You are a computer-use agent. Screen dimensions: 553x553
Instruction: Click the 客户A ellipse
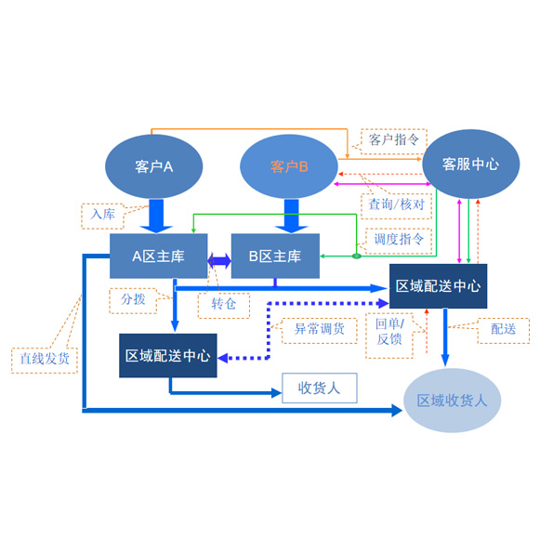click(x=153, y=166)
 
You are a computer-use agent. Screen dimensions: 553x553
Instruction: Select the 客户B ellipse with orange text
click(x=289, y=166)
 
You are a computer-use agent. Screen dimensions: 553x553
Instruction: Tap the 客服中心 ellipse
click(x=471, y=164)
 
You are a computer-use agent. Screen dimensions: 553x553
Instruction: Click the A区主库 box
click(x=158, y=256)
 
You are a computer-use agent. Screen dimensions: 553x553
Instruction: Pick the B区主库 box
click(x=275, y=256)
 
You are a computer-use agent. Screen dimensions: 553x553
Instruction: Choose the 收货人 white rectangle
click(x=320, y=388)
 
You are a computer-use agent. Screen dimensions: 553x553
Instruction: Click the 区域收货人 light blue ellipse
click(x=452, y=401)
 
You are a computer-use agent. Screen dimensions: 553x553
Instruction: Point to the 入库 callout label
click(x=102, y=216)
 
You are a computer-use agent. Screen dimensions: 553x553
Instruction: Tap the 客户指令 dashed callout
click(x=394, y=141)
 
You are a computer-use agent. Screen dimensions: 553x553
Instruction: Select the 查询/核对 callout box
click(x=396, y=206)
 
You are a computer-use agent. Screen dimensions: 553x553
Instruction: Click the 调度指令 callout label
click(x=399, y=241)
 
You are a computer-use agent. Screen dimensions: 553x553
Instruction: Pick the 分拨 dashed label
click(x=133, y=301)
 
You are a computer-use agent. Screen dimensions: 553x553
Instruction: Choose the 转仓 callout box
click(x=224, y=306)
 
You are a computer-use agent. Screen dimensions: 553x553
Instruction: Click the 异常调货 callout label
click(x=319, y=331)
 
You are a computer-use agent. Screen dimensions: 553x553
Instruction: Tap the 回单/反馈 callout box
click(x=389, y=336)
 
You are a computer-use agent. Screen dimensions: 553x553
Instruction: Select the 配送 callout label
click(x=503, y=331)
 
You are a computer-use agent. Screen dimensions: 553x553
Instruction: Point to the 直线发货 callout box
click(x=45, y=360)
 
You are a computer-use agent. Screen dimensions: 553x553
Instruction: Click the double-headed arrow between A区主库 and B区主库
click(x=219, y=260)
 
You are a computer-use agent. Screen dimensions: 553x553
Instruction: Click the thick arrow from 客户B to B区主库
click(x=291, y=217)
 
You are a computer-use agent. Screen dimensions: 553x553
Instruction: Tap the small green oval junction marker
click(x=357, y=256)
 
